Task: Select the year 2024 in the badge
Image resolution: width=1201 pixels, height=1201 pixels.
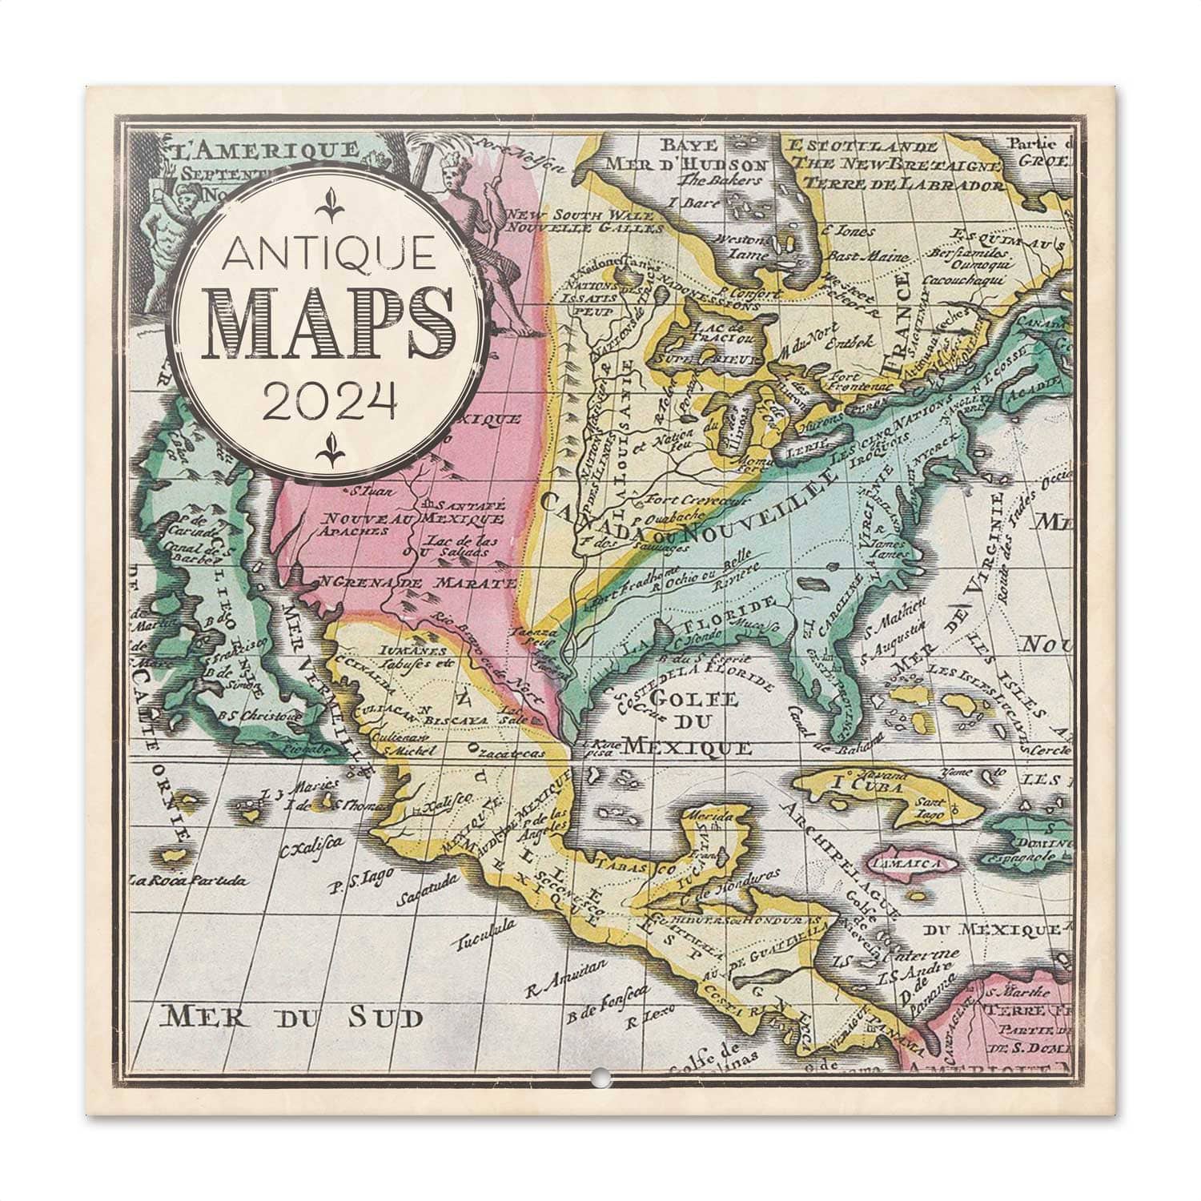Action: [x=331, y=400]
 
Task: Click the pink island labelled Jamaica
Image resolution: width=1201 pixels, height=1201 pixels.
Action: [x=918, y=865]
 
